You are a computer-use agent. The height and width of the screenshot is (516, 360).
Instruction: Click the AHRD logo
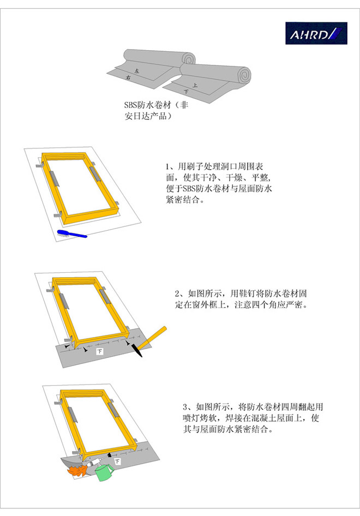point(316,33)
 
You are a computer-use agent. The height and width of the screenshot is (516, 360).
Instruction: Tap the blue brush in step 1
point(72,233)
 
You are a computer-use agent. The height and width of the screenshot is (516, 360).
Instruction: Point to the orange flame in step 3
point(76,470)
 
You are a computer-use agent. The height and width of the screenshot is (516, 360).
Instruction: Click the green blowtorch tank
point(105,472)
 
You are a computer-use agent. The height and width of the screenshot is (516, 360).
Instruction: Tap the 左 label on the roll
point(137,71)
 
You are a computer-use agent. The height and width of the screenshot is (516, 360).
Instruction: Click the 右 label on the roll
point(128,77)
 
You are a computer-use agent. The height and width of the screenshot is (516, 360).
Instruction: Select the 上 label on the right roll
point(195,85)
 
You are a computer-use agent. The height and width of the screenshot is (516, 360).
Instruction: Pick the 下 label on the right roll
point(186,92)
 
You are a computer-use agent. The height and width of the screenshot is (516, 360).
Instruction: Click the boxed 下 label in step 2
point(99,351)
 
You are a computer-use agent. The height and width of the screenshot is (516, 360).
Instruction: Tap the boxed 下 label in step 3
point(117,461)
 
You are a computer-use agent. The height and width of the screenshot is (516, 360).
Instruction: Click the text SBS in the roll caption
point(131,105)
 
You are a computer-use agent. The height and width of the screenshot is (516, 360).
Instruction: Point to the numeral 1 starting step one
point(167,166)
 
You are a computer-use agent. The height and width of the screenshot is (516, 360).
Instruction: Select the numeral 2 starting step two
point(177,293)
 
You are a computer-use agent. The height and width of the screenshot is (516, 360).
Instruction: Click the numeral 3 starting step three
point(185,407)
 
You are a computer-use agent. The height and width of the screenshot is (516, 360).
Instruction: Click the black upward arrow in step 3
point(110,457)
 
